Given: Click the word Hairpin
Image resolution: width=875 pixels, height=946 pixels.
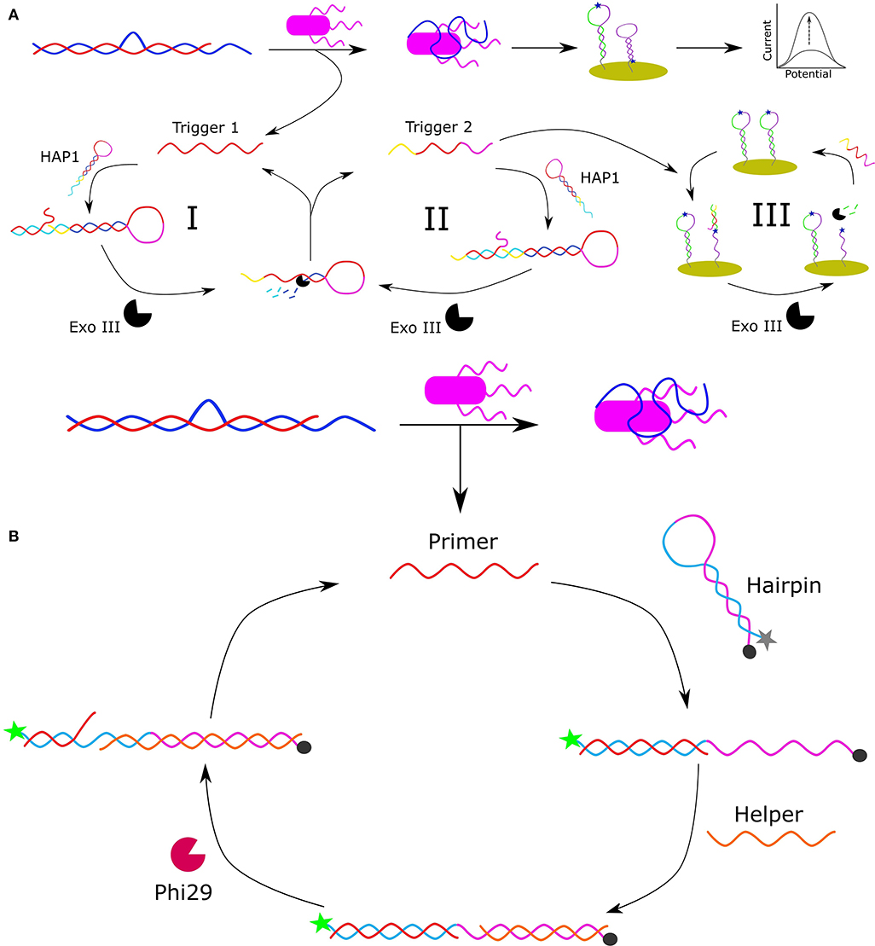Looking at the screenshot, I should (782, 583).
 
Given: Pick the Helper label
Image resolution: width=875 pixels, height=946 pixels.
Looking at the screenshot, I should (768, 814).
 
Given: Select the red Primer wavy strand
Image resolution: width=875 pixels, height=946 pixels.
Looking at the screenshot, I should (464, 571).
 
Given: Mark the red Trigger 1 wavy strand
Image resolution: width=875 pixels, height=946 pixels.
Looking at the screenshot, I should (210, 148).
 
